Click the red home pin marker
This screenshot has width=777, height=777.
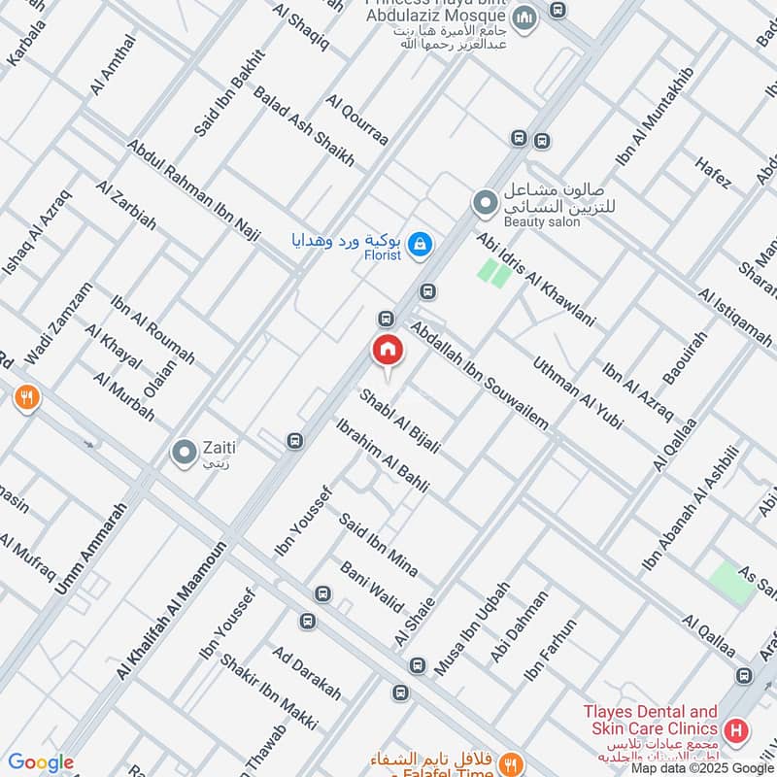click(387, 350)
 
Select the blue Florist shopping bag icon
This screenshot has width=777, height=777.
click(420, 245)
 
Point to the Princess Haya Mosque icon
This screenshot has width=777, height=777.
click(524, 17)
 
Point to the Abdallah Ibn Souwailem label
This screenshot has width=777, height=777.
click(480, 375)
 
